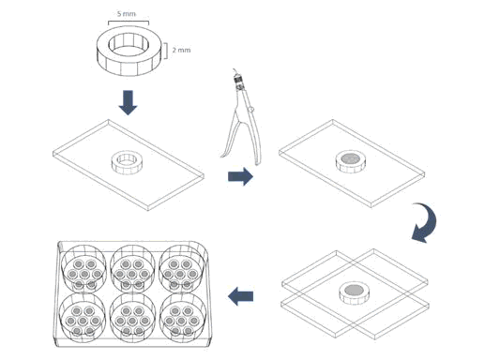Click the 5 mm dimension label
pos(127,14)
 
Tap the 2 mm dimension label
pos(181,50)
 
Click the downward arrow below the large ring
pos(128,102)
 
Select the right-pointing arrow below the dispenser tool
pos(240,176)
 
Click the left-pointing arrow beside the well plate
pos(240,296)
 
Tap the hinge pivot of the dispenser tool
pos(251,110)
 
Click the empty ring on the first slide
pos(128,162)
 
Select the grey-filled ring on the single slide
pos(351,162)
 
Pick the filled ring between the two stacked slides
pos(354,292)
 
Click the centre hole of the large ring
pos(129,47)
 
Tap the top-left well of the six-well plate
pos(83,269)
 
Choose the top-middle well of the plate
pos(132,269)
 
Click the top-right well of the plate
pos(182,269)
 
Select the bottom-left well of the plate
pos(83,318)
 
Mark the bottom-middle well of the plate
pos(132,318)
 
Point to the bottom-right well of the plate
pos(182,318)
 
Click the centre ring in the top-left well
pos(84,274)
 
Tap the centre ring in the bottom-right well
pos(181,321)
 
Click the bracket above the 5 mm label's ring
pos(129,22)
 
